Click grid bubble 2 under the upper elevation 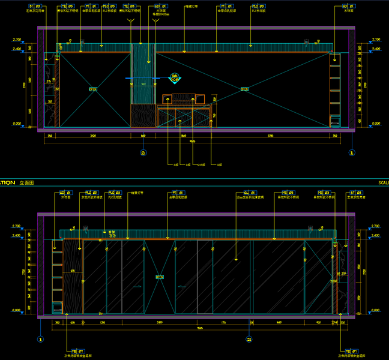[143, 152]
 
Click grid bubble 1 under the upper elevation [352, 152]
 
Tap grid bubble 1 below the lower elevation [41, 338]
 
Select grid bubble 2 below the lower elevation [249, 338]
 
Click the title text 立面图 [28, 182]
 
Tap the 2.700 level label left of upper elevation [16, 40]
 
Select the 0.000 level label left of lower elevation [16, 310]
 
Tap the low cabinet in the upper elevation [185, 115]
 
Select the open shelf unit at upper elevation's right [335, 90]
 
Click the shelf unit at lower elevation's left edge [57, 276]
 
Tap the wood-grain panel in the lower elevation [73, 276]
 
